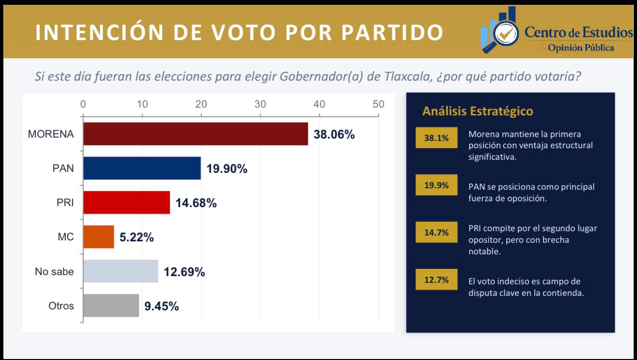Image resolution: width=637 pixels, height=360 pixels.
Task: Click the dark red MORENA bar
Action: coord(195,134)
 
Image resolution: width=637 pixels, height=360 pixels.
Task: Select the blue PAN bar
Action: coord(142,168)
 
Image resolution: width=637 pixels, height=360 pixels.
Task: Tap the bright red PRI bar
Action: coord(126,203)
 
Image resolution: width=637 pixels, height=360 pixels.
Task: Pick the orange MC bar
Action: coord(98,237)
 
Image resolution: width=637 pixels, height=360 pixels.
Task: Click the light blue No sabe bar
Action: coord(121,271)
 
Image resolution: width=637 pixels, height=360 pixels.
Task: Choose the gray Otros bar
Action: coord(111,306)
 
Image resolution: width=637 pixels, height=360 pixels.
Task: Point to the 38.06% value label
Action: coord(334,135)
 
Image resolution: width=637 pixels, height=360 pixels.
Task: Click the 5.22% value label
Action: coord(137,237)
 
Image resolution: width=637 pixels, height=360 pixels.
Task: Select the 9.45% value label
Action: coord(162,306)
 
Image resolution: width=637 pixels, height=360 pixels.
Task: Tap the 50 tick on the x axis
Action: coord(378,104)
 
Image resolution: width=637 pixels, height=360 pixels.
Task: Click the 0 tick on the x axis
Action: coord(83,104)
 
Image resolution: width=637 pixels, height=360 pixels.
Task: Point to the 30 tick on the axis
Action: coord(260,104)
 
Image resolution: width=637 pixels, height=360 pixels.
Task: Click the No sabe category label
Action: coord(55,272)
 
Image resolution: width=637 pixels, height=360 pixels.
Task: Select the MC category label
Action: coord(66,237)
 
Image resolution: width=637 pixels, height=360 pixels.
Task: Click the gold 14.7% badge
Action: coord(436,233)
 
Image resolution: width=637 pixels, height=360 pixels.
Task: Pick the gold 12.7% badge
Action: coord(436,280)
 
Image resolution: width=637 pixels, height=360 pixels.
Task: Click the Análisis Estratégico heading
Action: coord(477,111)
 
